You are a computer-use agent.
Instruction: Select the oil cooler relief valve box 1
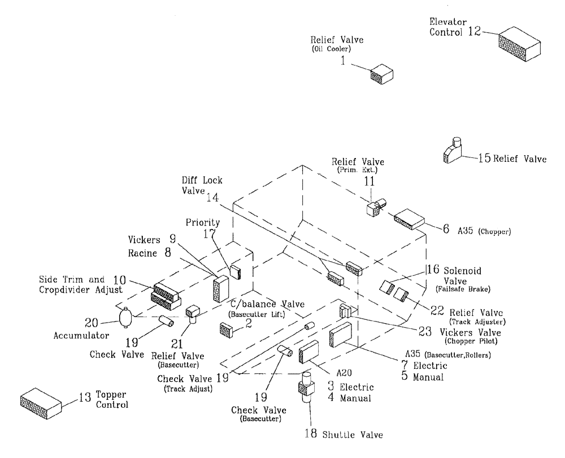[381, 73]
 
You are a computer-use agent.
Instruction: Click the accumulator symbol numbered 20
[125, 317]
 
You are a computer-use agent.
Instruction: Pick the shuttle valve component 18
[306, 389]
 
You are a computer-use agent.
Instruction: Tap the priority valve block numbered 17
[236, 272]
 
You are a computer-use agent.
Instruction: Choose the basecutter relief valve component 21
[193, 314]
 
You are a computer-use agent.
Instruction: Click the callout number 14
[212, 197]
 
